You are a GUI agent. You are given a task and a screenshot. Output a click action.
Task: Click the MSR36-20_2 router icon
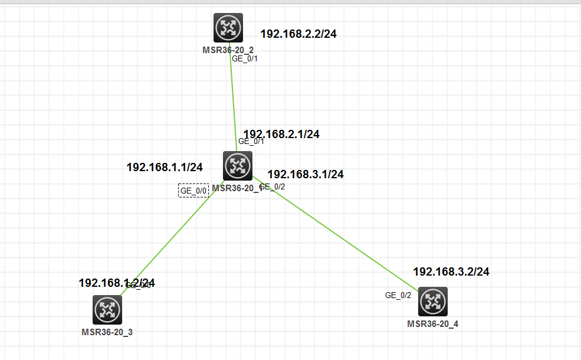[228, 27]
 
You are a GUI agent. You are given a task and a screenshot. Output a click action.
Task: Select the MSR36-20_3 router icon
[107, 310]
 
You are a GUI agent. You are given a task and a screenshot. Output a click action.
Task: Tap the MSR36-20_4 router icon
[433, 302]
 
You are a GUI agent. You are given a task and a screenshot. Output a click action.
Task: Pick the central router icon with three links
[238, 166]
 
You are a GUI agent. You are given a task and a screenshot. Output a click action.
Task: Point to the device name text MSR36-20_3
[107, 332]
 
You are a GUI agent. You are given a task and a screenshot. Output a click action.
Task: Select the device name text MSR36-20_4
[432, 323]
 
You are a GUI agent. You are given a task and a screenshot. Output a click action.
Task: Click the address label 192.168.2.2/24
[298, 34]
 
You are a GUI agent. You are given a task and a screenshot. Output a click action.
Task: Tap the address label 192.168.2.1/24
[281, 135]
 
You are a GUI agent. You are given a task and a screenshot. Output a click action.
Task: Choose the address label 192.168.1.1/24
[165, 167]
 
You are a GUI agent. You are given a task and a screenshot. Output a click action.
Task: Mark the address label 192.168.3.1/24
[306, 174]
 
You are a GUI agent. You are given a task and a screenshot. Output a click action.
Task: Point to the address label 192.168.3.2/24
[451, 272]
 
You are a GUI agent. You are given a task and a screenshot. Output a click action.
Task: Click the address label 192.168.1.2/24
[117, 283]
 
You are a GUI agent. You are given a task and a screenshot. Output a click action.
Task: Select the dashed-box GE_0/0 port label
[193, 191]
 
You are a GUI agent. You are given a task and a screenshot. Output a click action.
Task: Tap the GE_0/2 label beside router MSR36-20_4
[398, 295]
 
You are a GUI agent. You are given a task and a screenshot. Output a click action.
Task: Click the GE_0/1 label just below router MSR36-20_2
[245, 58]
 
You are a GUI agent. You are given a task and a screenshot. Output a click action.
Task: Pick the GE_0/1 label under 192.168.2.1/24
[251, 142]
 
